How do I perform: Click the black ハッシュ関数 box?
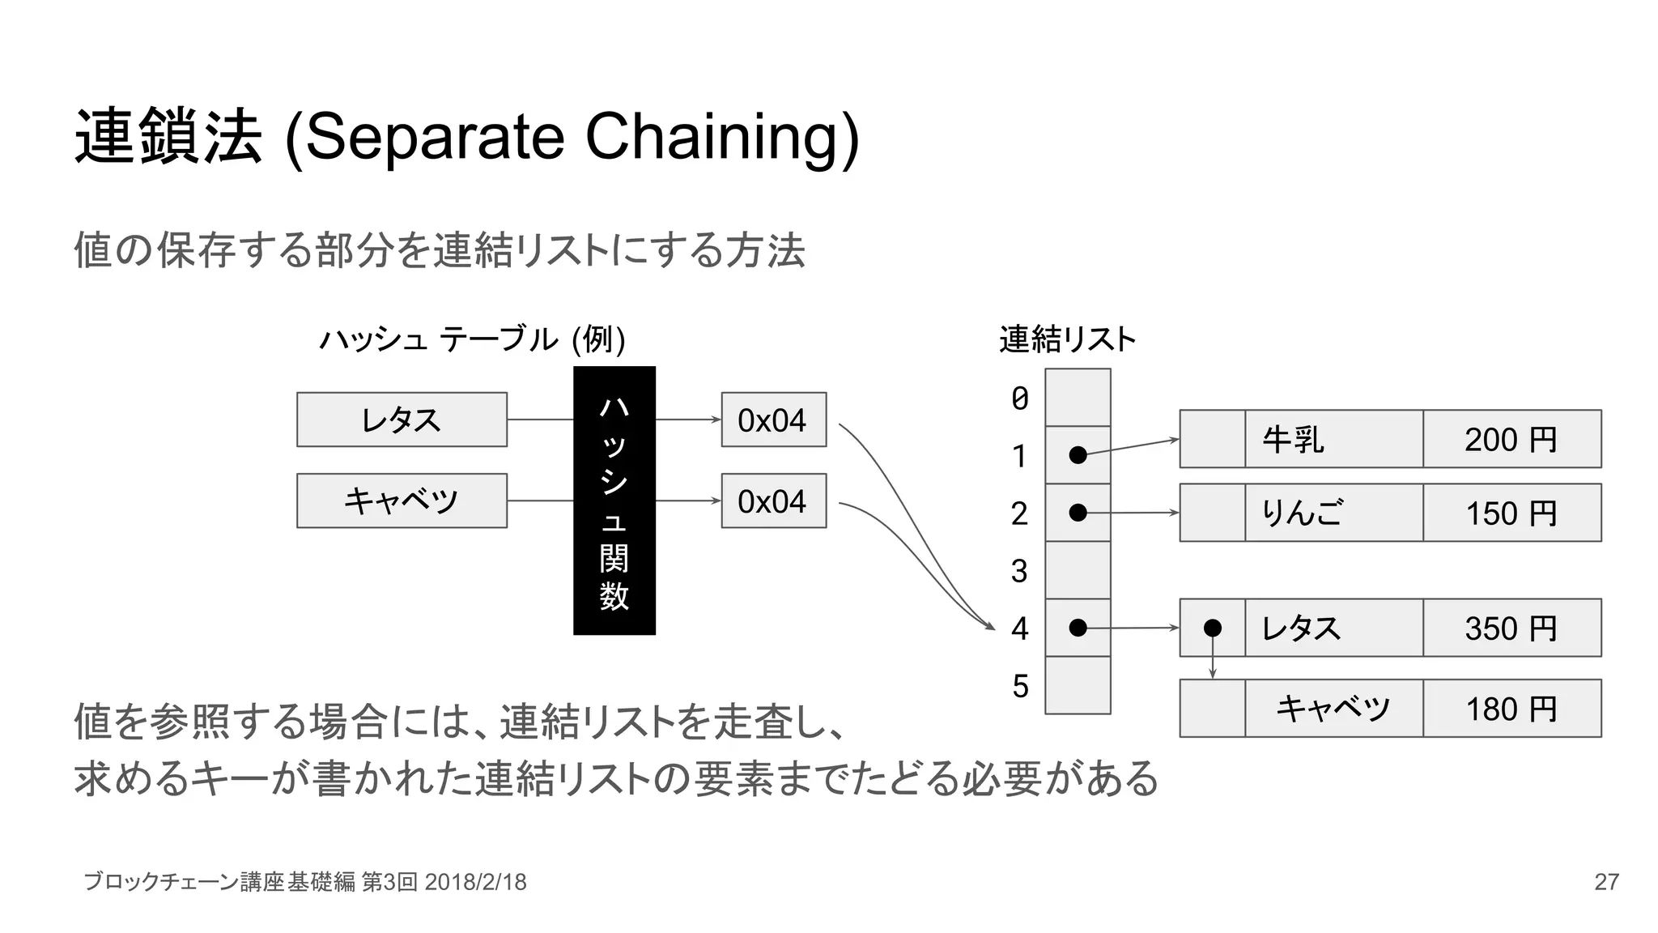pyautogui.click(x=614, y=500)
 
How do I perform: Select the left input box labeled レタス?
pyautogui.click(x=402, y=420)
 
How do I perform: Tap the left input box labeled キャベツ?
pyautogui.click(x=402, y=501)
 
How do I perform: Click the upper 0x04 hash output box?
pyautogui.click(x=773, y=420)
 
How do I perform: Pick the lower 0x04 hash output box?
pyautogui.click(x=773, y=501)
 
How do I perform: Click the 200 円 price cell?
pyautogui.click(x=1511, y=439)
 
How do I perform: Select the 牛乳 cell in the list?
pyautogui.click(x=1333, y=439)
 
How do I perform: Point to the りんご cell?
pyautogui.click(x=1333, y=513)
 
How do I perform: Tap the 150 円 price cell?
pyautogui.click(x=1511, y=513)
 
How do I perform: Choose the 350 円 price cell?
pyautogui.click(x=1511, y=628)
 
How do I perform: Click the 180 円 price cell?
pyautogui.click(x=1511, y=709)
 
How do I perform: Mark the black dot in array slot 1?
pyautogui.click(x=1078, y=455)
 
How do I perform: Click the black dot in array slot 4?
pyautogui.click(x=1078, y=628)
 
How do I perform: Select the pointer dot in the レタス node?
pyautogui.click(x=1212, y=628)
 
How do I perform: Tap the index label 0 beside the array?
pyautogui.click(x=1020, y=398)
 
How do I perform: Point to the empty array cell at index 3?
pyautogui.click(x=1078, y=570)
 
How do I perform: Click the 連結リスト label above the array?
pyautogui.click(x=1067, y=339)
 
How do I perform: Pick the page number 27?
pyautogui.click(x=1606, y=882)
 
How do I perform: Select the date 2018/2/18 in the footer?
pyautogui.click(x=475, y=882)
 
